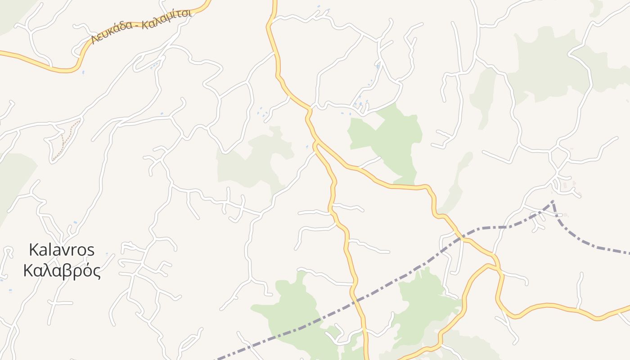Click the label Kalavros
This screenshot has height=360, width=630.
coord(62,250)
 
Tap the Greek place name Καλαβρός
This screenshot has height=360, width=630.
coord(62,271)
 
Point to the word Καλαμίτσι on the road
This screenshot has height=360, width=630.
coord(167,18)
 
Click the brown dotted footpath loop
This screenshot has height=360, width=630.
coord(65,139)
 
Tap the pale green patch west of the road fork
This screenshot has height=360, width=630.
coord(252,162)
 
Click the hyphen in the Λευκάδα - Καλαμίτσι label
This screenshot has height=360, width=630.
coord(137,26)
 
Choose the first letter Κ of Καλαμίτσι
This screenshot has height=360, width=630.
coord(144,24)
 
